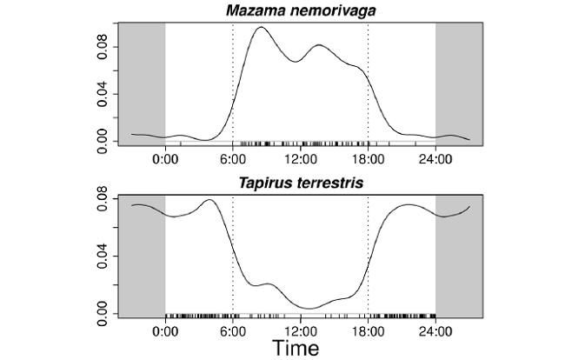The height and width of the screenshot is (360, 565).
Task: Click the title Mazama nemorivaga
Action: click(x=300, y=10)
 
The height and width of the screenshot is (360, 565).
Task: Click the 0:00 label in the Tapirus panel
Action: click(x=165, y=331)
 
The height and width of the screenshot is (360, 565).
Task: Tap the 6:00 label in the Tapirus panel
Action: click(x=233, y=331)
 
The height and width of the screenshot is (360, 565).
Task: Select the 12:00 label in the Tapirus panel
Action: click(x=300, y=331)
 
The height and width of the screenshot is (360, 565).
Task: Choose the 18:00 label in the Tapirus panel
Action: click(x=368, y=331)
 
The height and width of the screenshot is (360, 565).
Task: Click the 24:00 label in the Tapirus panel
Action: click(x=435, y=331)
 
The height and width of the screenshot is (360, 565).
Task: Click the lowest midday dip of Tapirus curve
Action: click(x=309, y=308)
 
